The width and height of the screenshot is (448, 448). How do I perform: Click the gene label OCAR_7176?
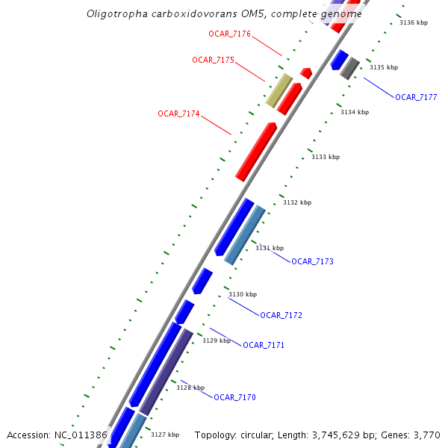pyautogui.click(x=229, y=34)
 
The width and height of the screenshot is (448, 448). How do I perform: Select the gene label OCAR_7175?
pyautogui.click(x=213, y=60)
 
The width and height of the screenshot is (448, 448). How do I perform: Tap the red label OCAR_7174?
pyautogui.click(x=178, y=113)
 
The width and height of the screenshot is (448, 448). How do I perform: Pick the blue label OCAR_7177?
pyautogui.click(x=416, y=97)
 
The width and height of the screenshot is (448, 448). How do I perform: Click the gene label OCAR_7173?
pyautogui.click(x=312, y=261)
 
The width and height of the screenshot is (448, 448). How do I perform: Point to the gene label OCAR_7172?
pyautogui.click(x=281, y=315)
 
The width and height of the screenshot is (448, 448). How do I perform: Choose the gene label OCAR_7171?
pyautogui.click(x=264, y=345)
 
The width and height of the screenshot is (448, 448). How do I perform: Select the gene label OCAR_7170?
pyautogui.click(x=234, y=397)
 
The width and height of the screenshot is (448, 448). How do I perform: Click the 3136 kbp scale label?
pyautogui.click(x=414, y=22)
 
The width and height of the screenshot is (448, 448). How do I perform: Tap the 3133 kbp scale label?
pyautogui.click(x=326, y=157)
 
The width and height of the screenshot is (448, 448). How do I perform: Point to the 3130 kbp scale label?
pyautogui.click(x=243, y=294)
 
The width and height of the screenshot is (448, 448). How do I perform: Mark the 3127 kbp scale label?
pyautogui.click(x=165, y=435)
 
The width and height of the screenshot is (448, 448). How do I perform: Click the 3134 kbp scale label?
pyautogui.click(x=355, y=112)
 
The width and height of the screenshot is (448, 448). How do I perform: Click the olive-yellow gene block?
pyautogui.click(x=279, y=90)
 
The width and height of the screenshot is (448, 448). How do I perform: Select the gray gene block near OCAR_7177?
pyautogui.click(x=350, y=68)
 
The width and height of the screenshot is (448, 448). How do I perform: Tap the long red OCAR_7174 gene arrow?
pyautogui.click(x=256, y=152)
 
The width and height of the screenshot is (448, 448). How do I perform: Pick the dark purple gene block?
pyautogui.click(x=167, y=372)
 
